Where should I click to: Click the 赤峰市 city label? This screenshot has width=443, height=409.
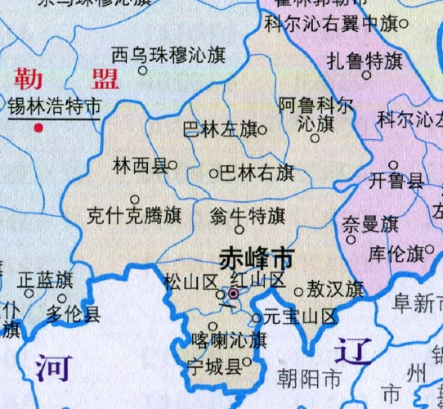click(256, 259)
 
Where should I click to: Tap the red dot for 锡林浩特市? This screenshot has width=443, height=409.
click(38, 127)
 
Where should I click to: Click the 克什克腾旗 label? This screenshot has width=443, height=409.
click(134, 218)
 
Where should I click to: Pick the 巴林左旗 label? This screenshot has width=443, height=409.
click(218, 130)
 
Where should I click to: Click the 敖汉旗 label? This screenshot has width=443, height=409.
click(335, 290)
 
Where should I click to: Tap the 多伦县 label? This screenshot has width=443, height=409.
click(73, 312)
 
